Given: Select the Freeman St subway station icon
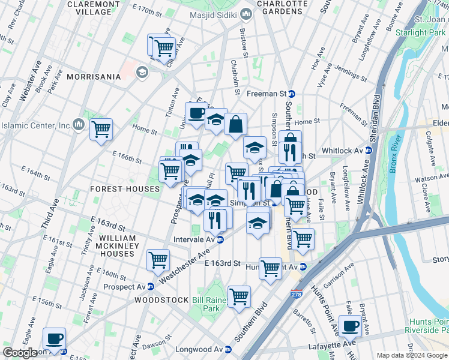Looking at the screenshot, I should (x=292, y=94).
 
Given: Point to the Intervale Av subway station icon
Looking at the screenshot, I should (x=220, y=239).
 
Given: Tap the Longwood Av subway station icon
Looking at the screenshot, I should (x=228, y=349).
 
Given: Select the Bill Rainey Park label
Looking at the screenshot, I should (x=206, y=304).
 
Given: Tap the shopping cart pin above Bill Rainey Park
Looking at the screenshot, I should (x=239, y=296).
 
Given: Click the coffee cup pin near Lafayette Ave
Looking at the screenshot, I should (x=350, y=326).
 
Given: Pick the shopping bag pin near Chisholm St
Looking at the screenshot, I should (x=236, y=124).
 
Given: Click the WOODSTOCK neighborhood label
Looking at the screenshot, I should (x=158, y=299).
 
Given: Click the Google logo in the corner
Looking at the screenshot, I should (x=20, y=353).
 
